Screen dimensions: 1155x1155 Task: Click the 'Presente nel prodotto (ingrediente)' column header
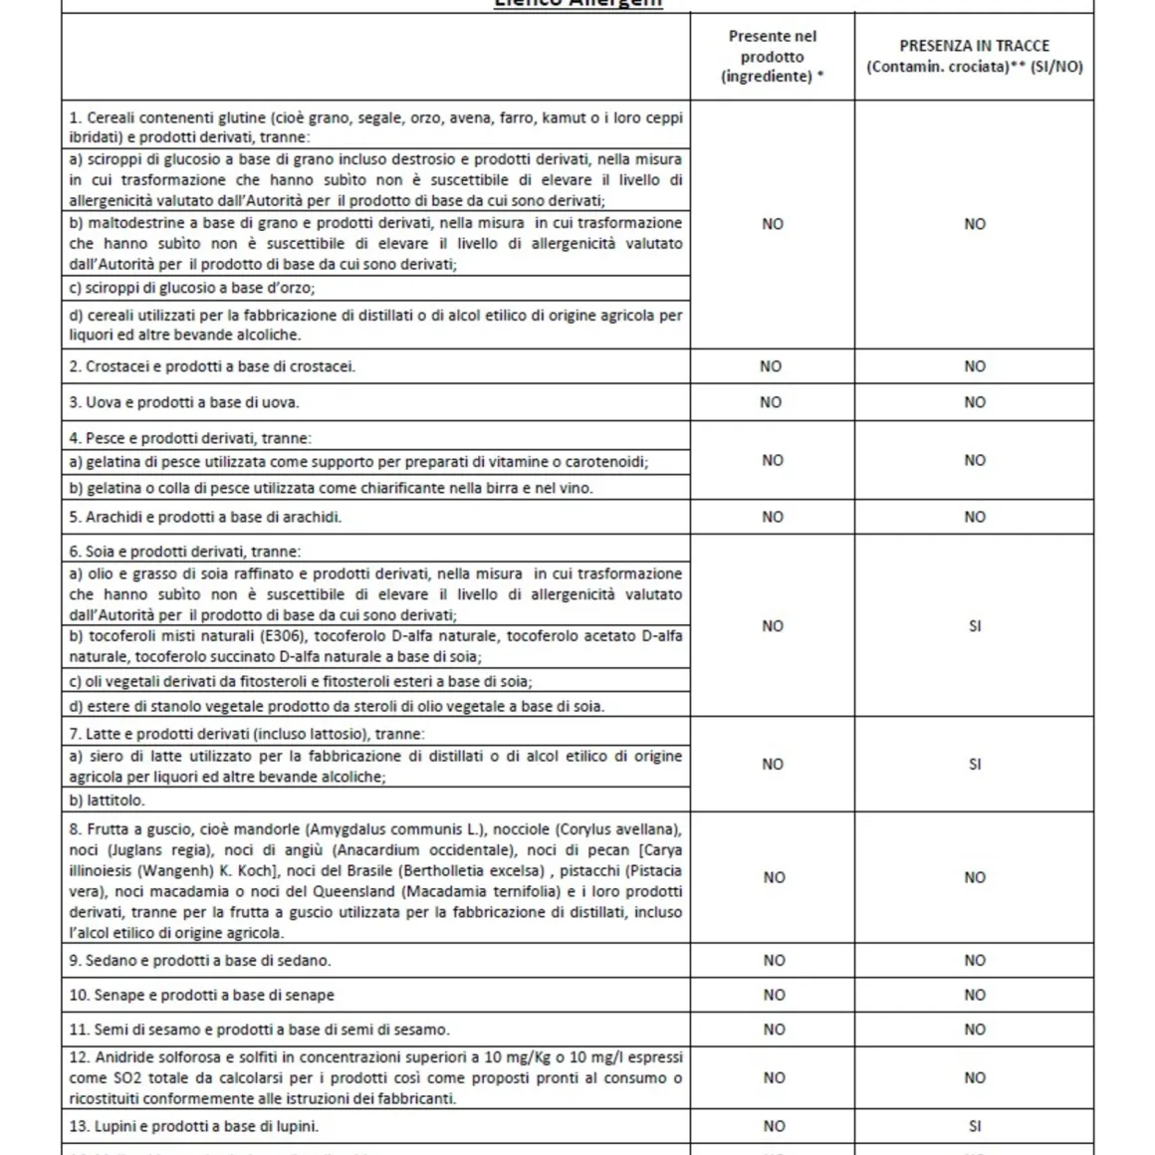pyautogui.click(x=773, y=56)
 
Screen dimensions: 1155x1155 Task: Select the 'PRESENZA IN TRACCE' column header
pyautogui.click(x=974, y=56)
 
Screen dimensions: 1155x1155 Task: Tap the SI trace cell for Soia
pyautogui.click(x=974, y=626)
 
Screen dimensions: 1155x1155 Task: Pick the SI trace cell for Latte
pyautogui.click(x=974, y=765)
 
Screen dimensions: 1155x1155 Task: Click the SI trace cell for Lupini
pyautogui.click(x=974, y=1126)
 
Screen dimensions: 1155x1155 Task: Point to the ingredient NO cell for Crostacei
pyautogui.click(x=772, y=366)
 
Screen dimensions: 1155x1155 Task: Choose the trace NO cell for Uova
pyautogui.click(x=974, y=402)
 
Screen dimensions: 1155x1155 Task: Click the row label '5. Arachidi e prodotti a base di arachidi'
pyautogui.click(x=206, y=517)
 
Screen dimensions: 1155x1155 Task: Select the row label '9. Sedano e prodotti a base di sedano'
pyautogui.click(x=200, y=961)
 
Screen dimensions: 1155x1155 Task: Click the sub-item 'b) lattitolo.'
pyautogui.click(x=107, y=801)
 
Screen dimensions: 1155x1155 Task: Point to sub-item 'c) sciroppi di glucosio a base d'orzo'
pyautogui.click(x=192, y=288)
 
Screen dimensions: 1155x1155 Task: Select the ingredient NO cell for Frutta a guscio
pyautogui.click(x=774, y=877)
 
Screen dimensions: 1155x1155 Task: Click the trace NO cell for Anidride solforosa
pyautogui.click(x=974, y=1077)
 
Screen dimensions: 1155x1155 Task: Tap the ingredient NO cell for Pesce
pyautogui.click(x=773, y=460)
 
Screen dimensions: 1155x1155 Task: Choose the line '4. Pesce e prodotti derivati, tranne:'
pyautogui.click(x=190, y=438)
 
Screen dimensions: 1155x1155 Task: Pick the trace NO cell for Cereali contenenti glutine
pyautogui.click(x=974, y=224)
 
